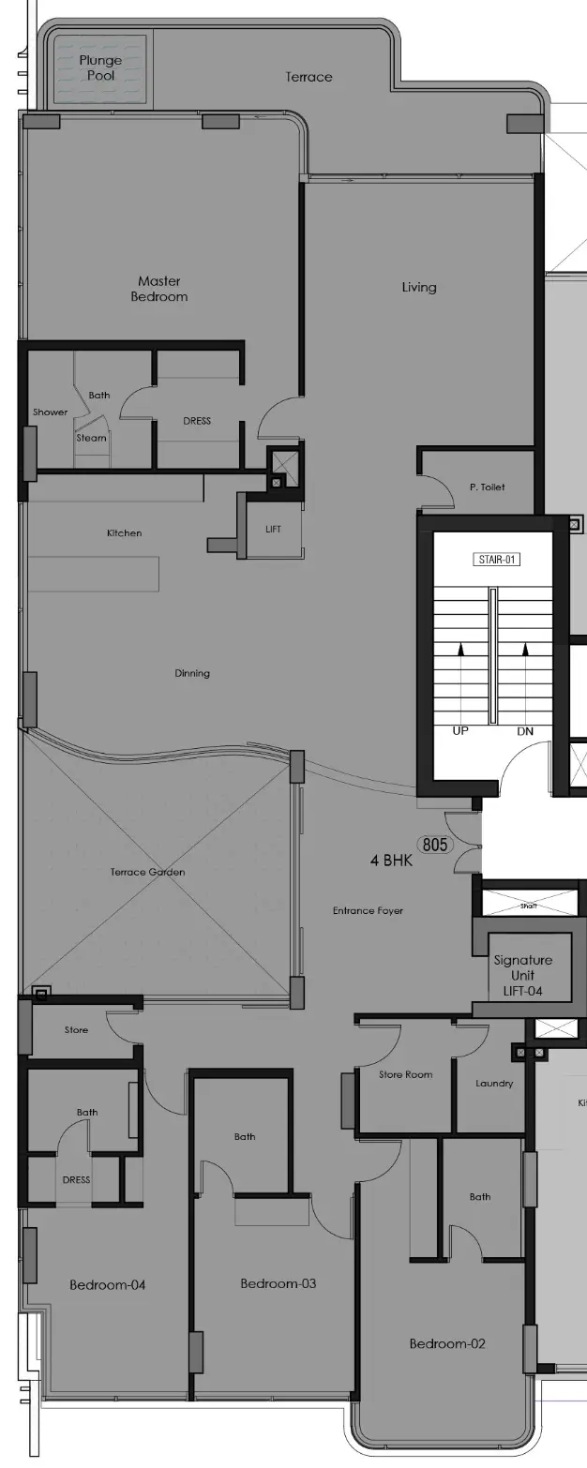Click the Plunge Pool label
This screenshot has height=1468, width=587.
[100, 67]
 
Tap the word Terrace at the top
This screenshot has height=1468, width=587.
[309, 77]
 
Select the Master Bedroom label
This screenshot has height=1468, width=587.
[159, 289]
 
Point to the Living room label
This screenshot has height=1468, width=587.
[419, 287]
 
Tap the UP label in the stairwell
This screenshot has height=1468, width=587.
[460, 730]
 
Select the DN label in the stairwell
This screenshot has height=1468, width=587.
[525, 730]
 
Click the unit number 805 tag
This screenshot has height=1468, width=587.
[435, 845]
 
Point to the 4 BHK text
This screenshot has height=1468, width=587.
[391, 860]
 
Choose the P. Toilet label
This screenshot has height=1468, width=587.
[487, 487]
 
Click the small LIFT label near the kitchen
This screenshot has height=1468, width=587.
[273, 530]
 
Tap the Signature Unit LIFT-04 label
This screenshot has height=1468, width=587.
[522, 975]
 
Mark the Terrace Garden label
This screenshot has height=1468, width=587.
[147, 872]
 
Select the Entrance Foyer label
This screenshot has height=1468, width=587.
[368, 910]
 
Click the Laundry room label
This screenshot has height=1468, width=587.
[494, 1083]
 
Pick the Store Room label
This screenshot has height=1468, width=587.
[405, 1074]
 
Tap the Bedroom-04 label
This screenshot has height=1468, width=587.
[107, 1284]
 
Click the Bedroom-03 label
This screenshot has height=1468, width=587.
[278, 1283]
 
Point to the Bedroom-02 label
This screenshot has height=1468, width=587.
[447, 1343]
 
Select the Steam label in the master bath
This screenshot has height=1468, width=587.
[92, 438]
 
